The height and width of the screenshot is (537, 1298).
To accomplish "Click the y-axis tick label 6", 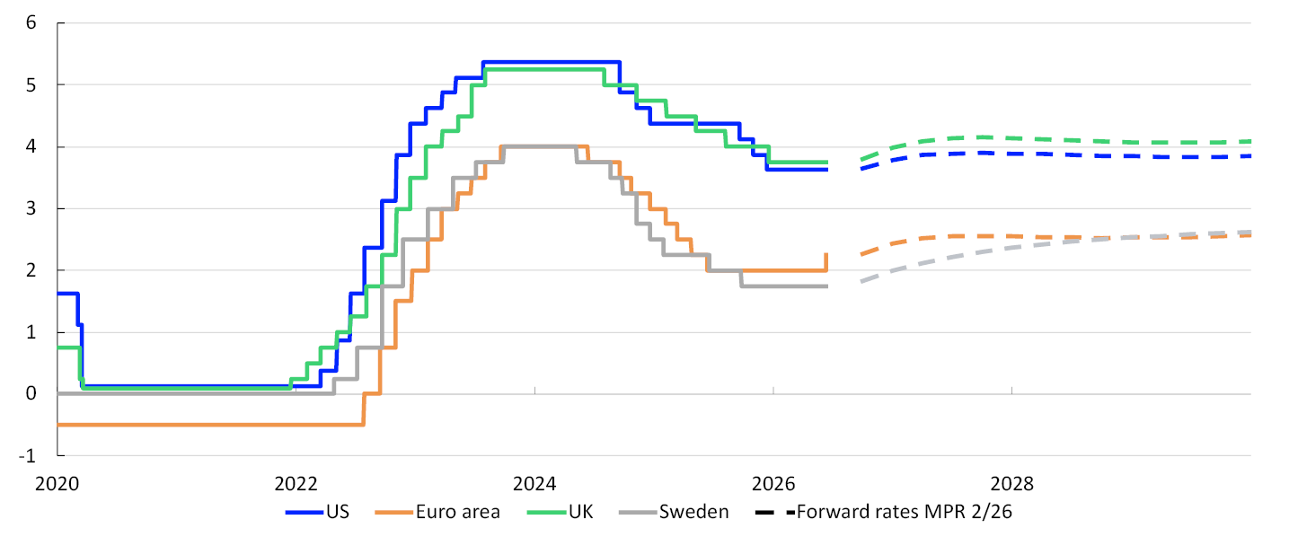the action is click(31, 23).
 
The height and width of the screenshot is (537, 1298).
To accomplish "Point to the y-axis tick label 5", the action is click(31, 85).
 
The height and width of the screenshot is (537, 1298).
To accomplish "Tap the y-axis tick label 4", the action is click(31, 146).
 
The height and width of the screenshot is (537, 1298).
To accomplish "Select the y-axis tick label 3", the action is click(31, 208).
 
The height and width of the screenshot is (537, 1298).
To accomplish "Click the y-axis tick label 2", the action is click(31, 270).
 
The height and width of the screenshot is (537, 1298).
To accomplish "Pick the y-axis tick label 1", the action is click(31, 332).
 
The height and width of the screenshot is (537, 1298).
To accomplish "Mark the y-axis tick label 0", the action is click(31, 394).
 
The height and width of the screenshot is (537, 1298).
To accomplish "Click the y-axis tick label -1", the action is click(27, 456).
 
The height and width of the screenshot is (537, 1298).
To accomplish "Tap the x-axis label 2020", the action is click(57, 484).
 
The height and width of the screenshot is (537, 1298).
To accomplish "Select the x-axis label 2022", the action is click(296, 484).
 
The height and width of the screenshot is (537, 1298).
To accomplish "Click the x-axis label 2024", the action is click(534, 484).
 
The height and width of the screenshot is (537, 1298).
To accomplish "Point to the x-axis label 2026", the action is click(773, 484).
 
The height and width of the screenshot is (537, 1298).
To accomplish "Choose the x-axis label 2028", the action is click(1011, 484).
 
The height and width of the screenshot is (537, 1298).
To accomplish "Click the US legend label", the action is click(338, 512).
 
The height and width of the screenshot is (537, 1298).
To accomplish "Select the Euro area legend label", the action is click(458, 512).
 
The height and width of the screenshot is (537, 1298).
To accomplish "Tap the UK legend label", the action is click(580, 512).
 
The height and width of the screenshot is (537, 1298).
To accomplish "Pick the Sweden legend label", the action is click(693, 512).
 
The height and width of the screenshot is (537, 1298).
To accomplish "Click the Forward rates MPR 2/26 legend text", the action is click(905, 512).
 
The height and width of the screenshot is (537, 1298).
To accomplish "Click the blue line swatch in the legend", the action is click(305, 513).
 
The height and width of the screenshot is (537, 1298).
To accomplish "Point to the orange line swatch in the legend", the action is click(394, 513).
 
